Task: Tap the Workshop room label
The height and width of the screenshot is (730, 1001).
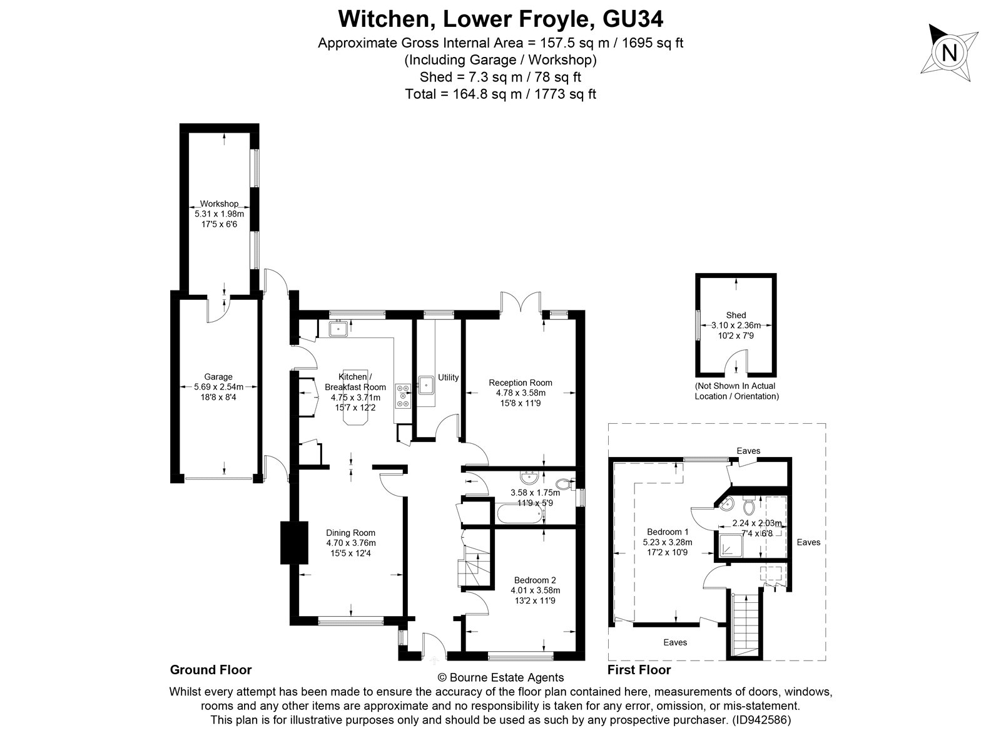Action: tap(218, 204)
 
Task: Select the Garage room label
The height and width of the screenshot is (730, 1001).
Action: tap(218, 377)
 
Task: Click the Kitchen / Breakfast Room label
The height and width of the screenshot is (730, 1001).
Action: tap(355, 382)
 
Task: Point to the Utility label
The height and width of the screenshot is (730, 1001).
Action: tap(448, 378)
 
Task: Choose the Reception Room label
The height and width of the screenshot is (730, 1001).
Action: tap(521, 383)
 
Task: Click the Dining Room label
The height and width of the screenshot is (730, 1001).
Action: tap(350, 533)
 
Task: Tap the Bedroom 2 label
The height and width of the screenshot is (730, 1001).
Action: tap(535, 580)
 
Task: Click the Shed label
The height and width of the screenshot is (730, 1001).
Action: tap(736, 316)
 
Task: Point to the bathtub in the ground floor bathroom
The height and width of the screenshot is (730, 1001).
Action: tap(519, 515)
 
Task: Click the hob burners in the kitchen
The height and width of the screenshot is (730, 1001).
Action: tap(403, 395)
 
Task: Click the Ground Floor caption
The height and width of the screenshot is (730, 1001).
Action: tap(211, 670)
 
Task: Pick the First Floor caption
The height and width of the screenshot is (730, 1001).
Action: tap(639, 670)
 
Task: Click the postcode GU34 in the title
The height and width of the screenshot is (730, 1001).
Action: tap(633, 19)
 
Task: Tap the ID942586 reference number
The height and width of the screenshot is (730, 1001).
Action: tap(762, 720)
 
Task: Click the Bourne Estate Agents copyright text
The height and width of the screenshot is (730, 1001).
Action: tap(500, 677)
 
